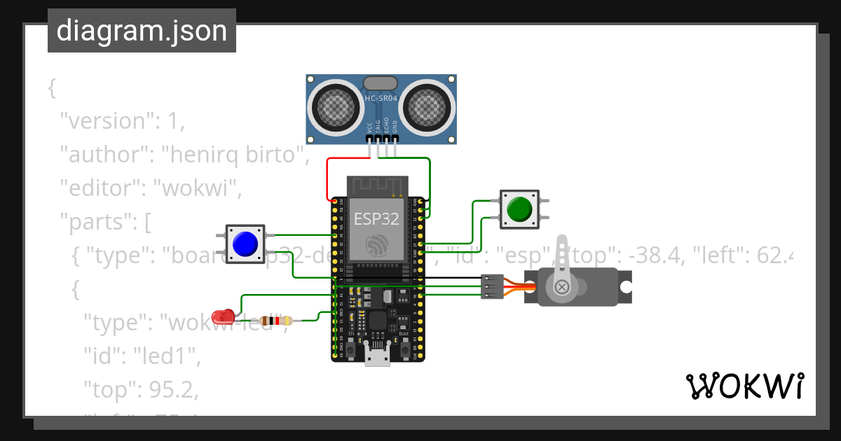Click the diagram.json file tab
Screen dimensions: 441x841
coord(142,31)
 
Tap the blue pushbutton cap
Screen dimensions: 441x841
coord(245,244)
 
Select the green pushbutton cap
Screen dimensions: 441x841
coord(519,209)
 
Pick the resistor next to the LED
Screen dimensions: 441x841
coord(275,321)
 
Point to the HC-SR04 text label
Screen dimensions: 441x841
coord(381,99)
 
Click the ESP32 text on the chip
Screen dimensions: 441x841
coord(376,218)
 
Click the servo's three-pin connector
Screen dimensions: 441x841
coord(491,286)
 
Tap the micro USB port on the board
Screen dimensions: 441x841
coord(378,357)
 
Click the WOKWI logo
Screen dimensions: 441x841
coord(744,386)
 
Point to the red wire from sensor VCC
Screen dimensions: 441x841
coord(328,178)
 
